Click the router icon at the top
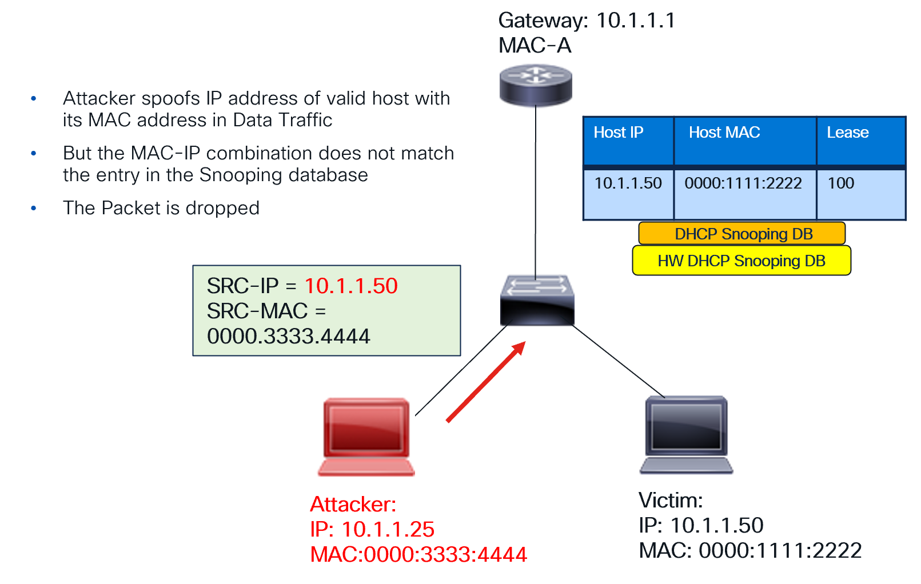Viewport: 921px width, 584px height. (536, 85)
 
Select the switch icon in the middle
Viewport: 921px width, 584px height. (537, 301)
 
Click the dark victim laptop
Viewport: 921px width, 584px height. (686, 434)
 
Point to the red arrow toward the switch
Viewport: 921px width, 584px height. (485, 382)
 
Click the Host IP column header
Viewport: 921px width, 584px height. (619, 133)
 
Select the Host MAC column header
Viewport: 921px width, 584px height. (724, 133)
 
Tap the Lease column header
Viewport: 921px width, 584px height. (847, 133)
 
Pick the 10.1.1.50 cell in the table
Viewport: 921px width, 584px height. (628, 183)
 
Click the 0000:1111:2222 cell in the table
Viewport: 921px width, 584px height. (743, 183)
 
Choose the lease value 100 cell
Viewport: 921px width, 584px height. (841, 183)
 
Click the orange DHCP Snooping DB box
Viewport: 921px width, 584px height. (742, 234)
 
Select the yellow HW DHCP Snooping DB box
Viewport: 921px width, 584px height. (741, 261)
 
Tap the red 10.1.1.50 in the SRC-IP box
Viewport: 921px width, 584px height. (350, 286)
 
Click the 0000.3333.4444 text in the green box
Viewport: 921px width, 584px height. (289, 336)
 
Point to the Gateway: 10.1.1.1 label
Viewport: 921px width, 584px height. (587, 21)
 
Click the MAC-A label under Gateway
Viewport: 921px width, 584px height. (535, 46)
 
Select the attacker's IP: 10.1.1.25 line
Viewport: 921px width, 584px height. (372, 529)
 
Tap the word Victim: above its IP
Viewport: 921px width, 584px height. (671, 501)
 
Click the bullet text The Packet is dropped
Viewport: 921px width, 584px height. (161, 208)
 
